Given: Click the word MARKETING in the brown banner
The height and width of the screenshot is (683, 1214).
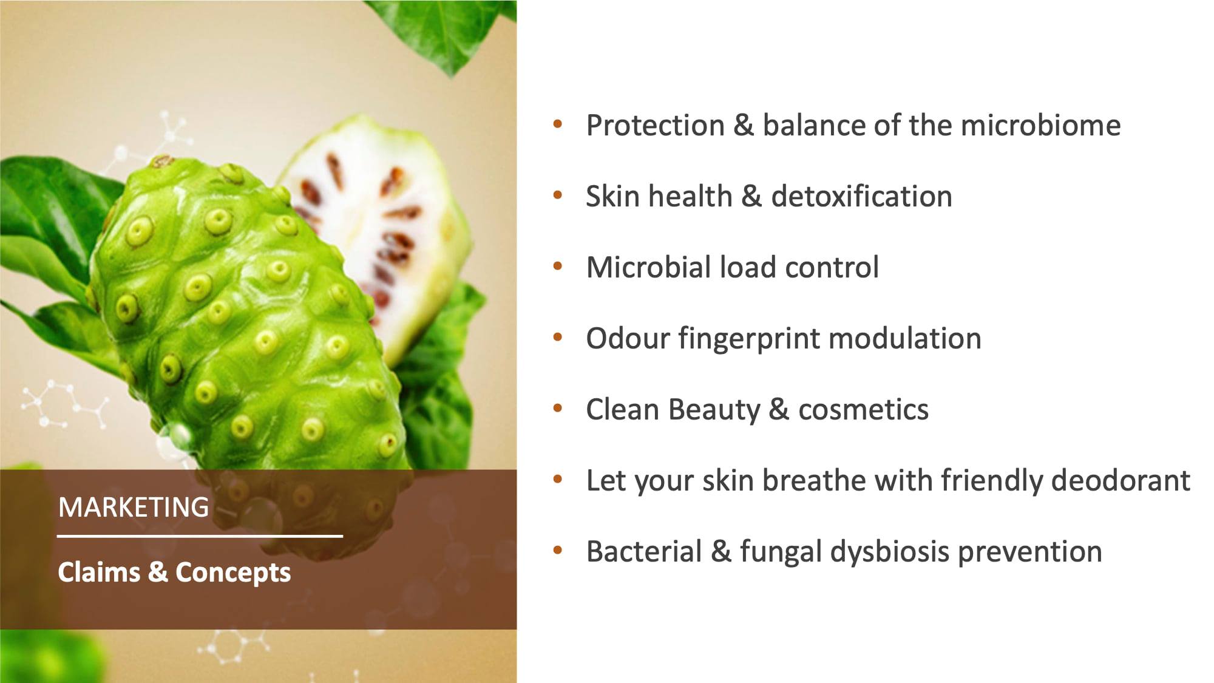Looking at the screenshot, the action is [134, 507].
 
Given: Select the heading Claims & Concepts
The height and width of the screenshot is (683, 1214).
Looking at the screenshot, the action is [174, 573].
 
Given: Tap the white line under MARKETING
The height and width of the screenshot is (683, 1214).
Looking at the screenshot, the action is [200, 536].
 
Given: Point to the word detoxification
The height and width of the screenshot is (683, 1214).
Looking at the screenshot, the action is [861, 197].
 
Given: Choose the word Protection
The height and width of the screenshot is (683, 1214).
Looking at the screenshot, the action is [656, 126].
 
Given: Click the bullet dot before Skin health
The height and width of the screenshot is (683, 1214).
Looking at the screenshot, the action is [558, 195].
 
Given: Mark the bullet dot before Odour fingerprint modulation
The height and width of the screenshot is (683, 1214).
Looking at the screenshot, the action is [558, 338].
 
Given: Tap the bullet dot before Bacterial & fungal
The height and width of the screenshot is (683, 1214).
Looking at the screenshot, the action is [558, 551].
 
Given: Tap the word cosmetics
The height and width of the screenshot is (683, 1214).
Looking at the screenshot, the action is [863, 410].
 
